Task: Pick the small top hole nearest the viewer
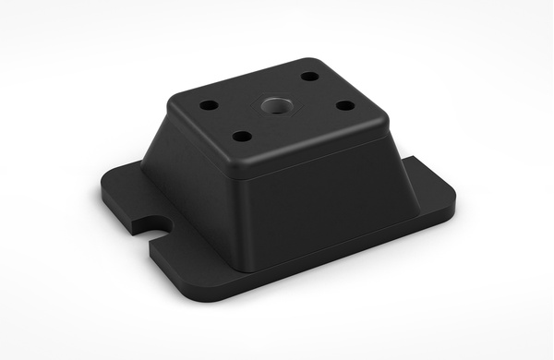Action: click(x=242, y=137)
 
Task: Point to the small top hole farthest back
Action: click(x=310, y=77)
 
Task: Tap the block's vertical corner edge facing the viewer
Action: click(x=242, y=222)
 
